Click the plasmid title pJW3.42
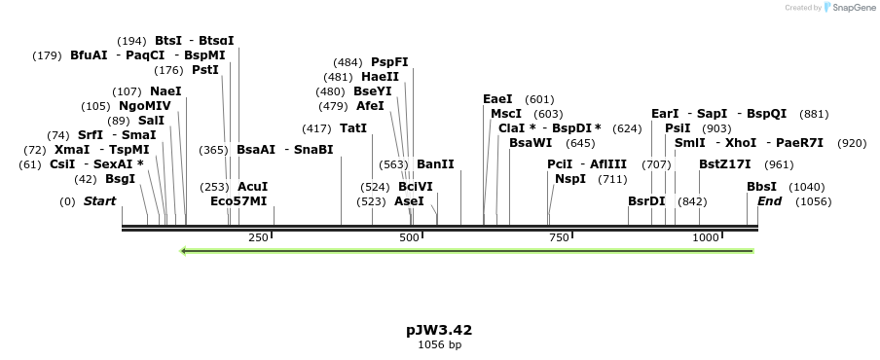[x=439, y=330]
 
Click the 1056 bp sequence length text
[x=439, y=344]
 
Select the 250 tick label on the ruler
[x=258, y=238]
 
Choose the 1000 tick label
[x=705, y=238]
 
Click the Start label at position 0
[x=99, y=201]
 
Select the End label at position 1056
[x=769, y=201]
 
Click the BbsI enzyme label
[x=761, y=187]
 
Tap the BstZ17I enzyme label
[x=725, y=164]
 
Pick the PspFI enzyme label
[x=389, y=62]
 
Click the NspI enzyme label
[x=570, y=179]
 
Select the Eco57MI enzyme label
[x=238, y=201]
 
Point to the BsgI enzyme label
[x=120, y=179]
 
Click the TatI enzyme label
[x=353, y=128]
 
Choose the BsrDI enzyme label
[x=646, y=201]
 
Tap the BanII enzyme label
[x=435, y=164]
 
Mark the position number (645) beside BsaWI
[x=580, y=143]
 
